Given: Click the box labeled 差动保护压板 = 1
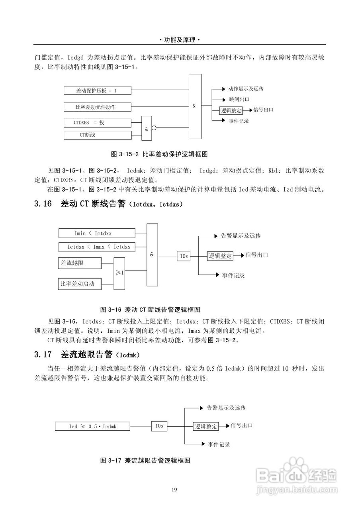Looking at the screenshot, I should coord(98,91).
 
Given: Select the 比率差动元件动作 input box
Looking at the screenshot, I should coord(98,107).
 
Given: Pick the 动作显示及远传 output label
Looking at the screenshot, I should coord(246,89).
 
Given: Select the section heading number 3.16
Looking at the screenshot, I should coord(43,204).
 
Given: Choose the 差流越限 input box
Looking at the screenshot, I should coord(80,263).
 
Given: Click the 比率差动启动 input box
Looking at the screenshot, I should coord(80,284).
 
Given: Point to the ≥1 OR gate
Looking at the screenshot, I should coord(120,273).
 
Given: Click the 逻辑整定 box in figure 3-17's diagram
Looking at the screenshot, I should coord(206,426).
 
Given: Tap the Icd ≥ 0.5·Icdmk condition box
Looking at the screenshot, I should coord(92,426).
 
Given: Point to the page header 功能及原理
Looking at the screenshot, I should coord(180,40).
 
